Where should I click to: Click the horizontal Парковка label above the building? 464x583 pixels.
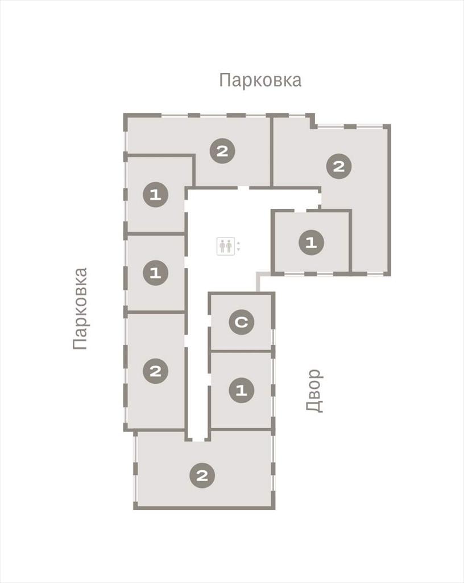(x=260, y=80)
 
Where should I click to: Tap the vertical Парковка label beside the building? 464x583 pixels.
(x=81, y=309)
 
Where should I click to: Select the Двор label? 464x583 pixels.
(x=314, y=391)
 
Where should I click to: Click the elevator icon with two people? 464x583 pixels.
(x=225, y=246)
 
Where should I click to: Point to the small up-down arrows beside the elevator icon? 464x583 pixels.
(x=238, y=246)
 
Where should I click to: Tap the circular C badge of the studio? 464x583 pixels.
(x=241, y=322)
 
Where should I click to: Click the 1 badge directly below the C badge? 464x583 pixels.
(x=241, y=391)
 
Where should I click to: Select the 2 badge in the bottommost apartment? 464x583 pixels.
(x=202, y=475)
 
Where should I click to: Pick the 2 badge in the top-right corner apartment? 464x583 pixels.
(x=339, y=166)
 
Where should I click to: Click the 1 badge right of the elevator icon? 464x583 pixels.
(x=311, y=243)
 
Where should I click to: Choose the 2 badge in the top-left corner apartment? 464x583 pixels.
(x=222, y=151)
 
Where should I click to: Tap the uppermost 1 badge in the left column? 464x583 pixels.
(x=156, y=195)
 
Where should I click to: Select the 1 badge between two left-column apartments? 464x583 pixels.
(x=156, y=273)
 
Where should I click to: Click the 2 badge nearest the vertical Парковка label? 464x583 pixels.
(x=156, y=371)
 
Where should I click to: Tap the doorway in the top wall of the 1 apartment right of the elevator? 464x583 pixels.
(x=300, y=211)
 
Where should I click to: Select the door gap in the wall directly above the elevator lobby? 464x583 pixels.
(x=243, y=188)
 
